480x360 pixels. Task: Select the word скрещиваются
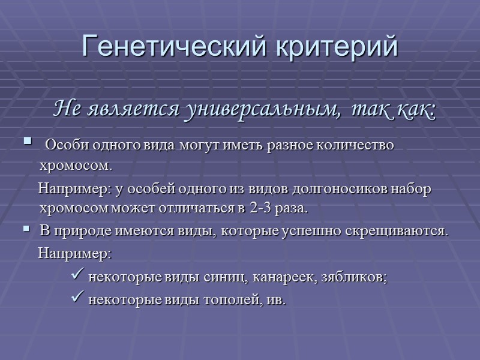[x=409, y=231]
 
